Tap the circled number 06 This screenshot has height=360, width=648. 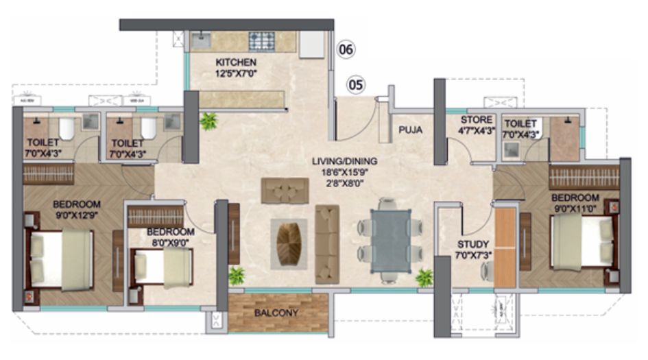click(347, 50)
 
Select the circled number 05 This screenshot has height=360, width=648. click(355, 85)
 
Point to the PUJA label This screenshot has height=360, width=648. click(410, 128)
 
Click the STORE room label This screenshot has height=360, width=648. click(476, 121)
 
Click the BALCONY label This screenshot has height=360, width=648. click(276, 313)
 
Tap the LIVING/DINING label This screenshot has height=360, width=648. click(345, 162)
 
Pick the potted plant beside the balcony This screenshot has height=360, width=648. click(237, 276)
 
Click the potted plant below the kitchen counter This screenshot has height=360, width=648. click(208, 121)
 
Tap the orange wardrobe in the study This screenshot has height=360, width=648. click(505, 245)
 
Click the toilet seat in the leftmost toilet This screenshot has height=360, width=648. click(66, 128)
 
